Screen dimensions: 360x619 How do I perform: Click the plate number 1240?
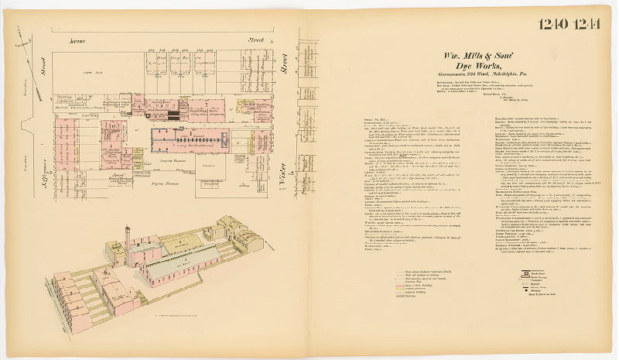click(x=556, y=23)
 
